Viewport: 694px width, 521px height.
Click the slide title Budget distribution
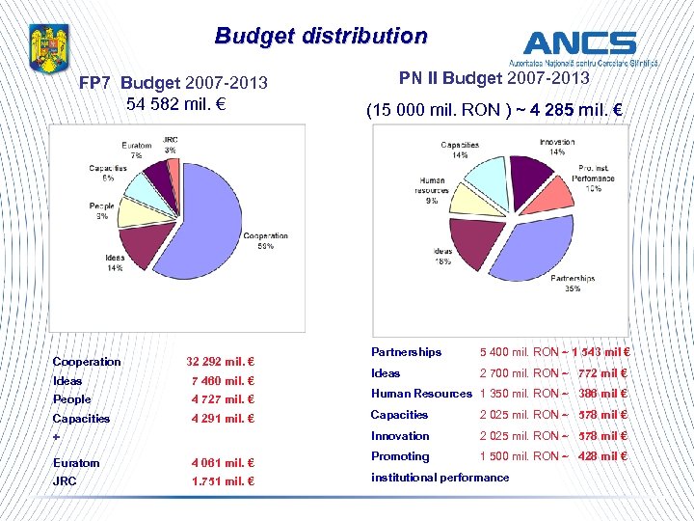pyautogui.click(x=321, y=37)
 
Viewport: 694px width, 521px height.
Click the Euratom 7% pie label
pyautogui.click(x=137, y=150)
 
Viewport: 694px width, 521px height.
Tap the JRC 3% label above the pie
pyautogui.click(x=170, y=144)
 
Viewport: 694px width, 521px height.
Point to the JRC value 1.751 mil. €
pyautogui.click(x=222, y=481)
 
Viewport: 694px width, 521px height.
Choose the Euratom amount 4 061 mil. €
pyautogui.click(x=222, y=463)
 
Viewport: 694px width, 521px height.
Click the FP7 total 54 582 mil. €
pyautogui.click(x=175, y=102)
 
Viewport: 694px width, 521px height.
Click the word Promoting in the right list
pyautogui.click(x=400, y=456)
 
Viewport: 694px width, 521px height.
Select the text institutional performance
pyautogui.click(x=440, y=478)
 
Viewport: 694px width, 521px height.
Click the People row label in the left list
pyautogui.click(x=71, y=399)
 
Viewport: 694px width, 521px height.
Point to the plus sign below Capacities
pyautogui.click(x=56, y=437)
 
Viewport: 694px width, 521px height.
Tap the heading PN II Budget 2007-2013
pyautogui.click(x=494, y=78)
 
